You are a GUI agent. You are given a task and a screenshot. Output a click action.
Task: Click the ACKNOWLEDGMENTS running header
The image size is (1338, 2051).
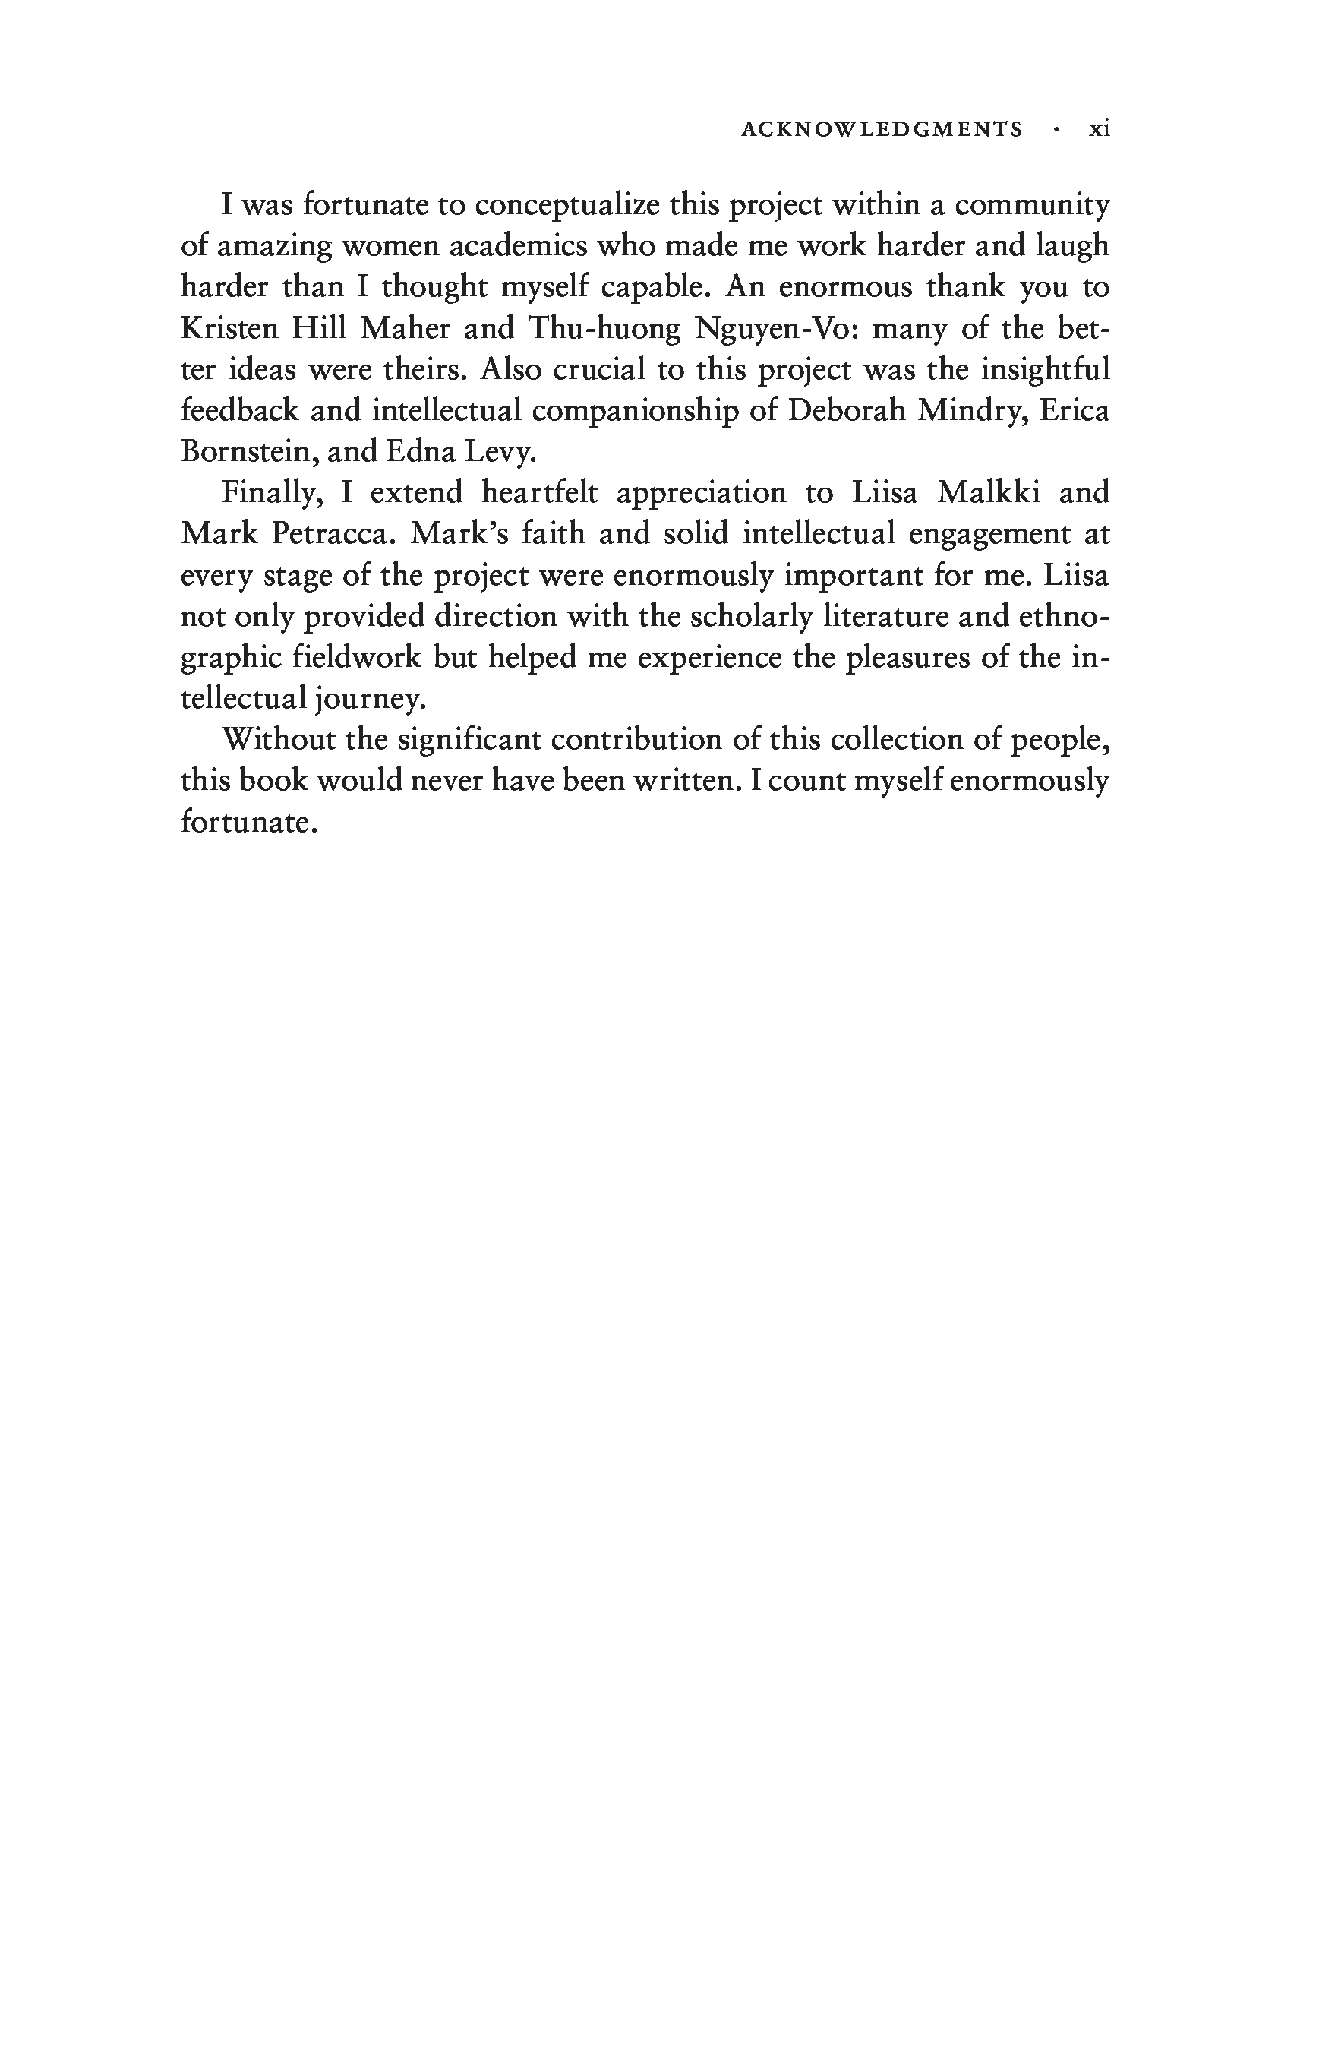point(882,129)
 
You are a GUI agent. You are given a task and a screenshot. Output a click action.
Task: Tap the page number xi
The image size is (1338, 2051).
point(1100,129)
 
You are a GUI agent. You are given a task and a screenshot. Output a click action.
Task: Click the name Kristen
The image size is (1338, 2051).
point(229,328)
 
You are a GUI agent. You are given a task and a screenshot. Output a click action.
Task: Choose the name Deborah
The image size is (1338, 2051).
point(846,410)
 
